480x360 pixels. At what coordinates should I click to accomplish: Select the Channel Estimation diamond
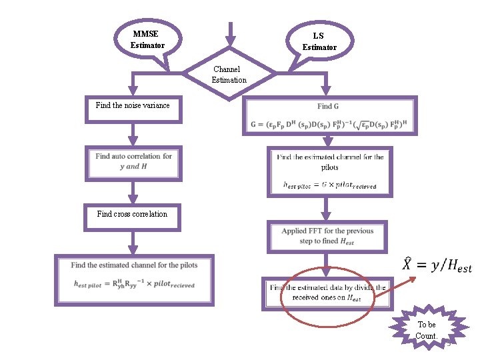coord(229,74)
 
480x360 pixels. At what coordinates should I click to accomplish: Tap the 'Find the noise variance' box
coord(133,109)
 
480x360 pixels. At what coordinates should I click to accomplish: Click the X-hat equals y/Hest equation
coord(437,265)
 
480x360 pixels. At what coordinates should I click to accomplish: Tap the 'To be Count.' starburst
coord(426,329)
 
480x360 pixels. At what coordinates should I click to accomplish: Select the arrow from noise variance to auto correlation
coord(133,134)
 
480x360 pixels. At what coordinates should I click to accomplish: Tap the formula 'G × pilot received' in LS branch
coord(329,185)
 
